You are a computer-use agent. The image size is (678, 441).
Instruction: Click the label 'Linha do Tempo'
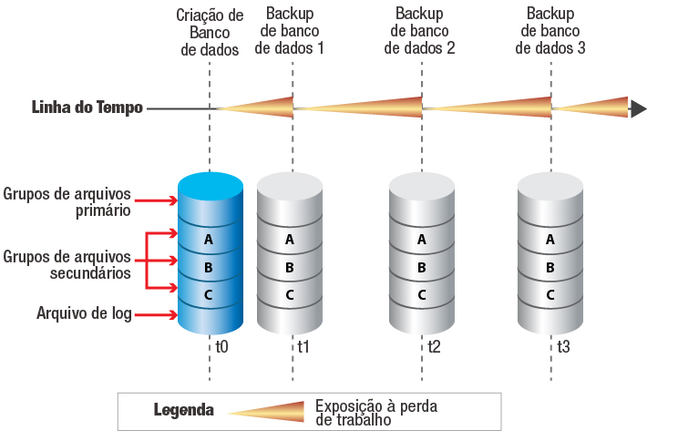point(87,108)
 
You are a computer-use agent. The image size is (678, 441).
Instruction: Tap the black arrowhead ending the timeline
point(639,108)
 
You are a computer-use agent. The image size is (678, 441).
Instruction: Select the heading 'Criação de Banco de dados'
point(210,33)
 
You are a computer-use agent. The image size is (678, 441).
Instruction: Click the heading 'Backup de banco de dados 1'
point(292,33)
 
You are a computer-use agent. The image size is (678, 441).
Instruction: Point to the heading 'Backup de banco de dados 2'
point(422,33)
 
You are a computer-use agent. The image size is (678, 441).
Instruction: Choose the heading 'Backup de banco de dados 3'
point(550,33)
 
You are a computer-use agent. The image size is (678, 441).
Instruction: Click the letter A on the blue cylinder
point(210,240)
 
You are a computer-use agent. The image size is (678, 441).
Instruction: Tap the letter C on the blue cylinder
point(210,294)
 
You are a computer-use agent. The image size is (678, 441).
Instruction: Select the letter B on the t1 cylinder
point(290,267)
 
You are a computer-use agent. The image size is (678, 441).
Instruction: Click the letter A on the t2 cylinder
point(421,240)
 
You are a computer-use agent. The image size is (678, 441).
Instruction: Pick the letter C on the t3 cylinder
point(550,294)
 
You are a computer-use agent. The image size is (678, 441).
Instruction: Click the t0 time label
point(222,346)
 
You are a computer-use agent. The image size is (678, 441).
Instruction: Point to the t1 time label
point(303,346)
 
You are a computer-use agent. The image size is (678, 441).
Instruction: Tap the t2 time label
point(435,346)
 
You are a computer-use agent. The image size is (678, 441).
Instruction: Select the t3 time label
point(564,346)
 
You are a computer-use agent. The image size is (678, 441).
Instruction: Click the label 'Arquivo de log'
point(84,314)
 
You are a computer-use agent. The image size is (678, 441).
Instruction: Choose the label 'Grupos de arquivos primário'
point(67,201)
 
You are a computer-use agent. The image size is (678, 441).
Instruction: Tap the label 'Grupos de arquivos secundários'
point(67,264)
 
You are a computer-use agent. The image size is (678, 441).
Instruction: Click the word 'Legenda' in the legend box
point(183,410)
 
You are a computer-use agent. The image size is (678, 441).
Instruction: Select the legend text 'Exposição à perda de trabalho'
point(375,413)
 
